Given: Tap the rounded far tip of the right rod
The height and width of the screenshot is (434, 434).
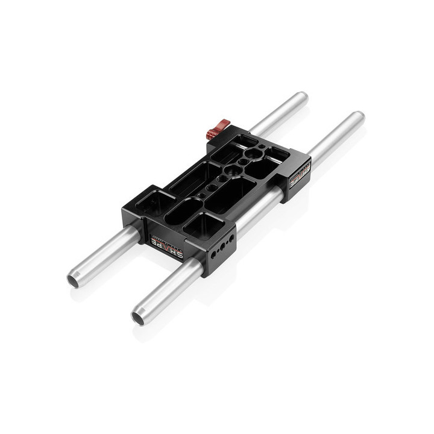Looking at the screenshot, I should [358, 117].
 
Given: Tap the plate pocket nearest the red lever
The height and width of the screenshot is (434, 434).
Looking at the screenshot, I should [238, 140].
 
